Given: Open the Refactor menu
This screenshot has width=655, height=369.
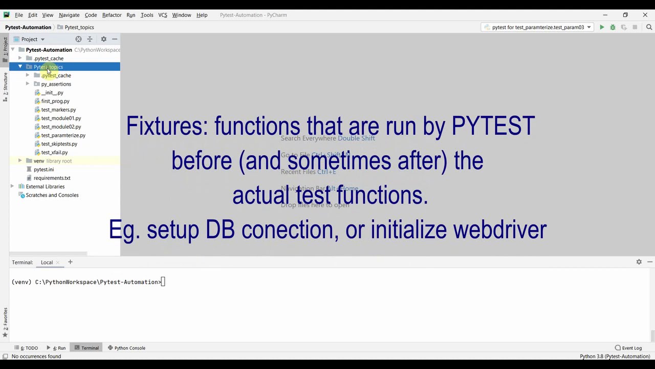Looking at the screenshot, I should coord(112,15).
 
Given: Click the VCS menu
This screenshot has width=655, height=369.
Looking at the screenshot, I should coord(163,15).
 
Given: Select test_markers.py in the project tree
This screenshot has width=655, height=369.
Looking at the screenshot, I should coord(58,110).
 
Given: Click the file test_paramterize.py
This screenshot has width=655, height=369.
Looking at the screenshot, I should coord(63,135).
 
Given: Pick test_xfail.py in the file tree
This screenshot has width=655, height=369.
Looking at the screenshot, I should coord(54,152).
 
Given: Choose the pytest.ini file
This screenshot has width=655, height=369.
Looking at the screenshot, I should coord(43,170).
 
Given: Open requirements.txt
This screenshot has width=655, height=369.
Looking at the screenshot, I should coord(52,178).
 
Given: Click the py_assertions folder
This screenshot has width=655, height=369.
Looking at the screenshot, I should coord(56,84).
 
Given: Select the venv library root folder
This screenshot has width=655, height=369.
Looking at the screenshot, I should coord(39,161).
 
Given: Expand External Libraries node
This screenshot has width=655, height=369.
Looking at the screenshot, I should coord(13,187).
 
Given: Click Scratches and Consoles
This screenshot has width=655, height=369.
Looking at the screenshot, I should coord(52,195).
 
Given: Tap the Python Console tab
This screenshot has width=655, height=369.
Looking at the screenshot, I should coord(129,348).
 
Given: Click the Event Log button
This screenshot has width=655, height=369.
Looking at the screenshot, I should coord(628,348).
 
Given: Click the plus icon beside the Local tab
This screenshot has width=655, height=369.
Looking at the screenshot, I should coord(70,262).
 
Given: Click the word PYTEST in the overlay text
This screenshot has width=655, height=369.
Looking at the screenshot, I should coord(493,126).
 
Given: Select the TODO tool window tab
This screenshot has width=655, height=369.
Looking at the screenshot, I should coord(28,348).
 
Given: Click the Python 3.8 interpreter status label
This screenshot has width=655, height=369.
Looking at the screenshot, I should coord(615,356).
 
